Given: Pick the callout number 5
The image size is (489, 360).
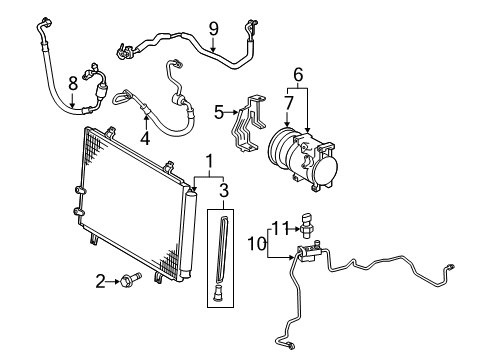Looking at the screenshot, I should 219,113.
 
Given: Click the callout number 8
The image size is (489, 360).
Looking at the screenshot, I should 72,84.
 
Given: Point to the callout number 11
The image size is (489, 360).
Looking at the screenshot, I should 283,228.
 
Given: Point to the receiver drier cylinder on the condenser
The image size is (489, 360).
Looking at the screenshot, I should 184,232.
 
